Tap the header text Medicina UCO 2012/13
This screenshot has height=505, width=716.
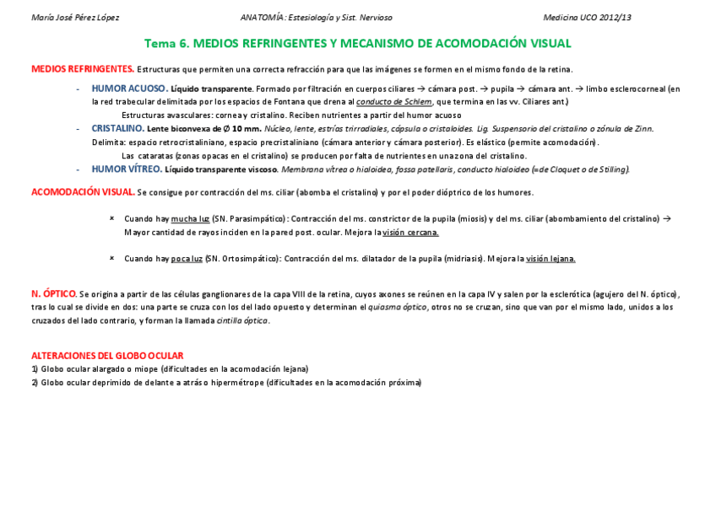click(x=587, y=17)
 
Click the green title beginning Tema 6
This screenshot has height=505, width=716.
click(x=357, y=43)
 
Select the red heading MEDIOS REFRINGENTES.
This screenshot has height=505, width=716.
click(x=82, y=68)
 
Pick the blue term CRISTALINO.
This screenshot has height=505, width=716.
click(x=117, y=128)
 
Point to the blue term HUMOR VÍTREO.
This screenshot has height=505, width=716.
click(x=127, y=169)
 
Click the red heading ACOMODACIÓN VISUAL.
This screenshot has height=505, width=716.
click(x=83, y=192)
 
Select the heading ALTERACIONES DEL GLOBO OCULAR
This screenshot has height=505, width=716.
click(x=107, y=356)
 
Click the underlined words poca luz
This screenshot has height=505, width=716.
click(x=187, y=259)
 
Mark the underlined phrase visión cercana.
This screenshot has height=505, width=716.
click(x=410, y=232)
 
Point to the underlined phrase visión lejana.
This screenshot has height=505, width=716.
click(x=551, y=259)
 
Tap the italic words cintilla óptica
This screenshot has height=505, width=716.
click(x=242, y=320)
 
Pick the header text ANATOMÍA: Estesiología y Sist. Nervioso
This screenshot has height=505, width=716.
click(x=316, y=17)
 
